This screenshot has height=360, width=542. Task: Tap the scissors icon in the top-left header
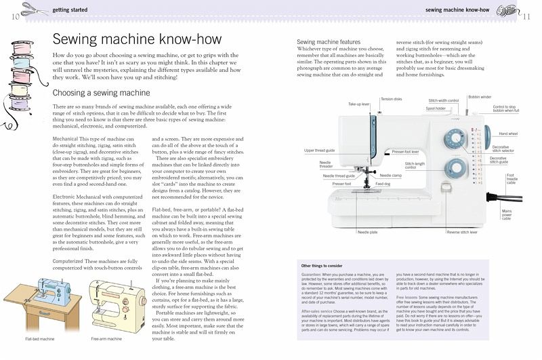(x=33, y=9)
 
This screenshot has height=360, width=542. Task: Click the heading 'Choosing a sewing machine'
(x=101, y=93)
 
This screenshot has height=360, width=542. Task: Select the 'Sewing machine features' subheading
(x=329, y=42)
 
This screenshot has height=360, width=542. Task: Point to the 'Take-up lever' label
(x=358, y=104)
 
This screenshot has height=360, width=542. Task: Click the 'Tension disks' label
(x=391, y=99)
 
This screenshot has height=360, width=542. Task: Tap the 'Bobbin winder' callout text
(x=480, y=98)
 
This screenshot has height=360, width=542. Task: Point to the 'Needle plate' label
(x=368, y=233)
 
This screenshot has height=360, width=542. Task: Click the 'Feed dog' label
(x=383, y=184)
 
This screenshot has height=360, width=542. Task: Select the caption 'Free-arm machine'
(x=107, y=338)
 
